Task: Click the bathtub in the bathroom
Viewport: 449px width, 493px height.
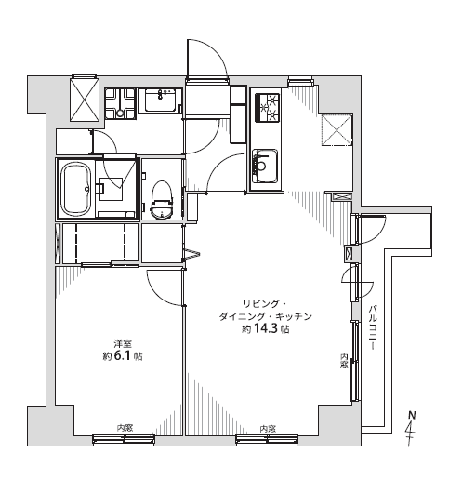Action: tap(77, 189)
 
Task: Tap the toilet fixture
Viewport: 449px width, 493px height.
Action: tap(162, 200)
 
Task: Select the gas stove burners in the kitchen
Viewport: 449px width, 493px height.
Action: tap(269, 108)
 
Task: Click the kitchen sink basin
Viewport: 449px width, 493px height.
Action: tap(265, 166)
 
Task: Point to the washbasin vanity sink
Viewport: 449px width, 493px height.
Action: tap(160, 100)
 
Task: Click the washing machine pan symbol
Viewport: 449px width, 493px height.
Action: tap(120, 103)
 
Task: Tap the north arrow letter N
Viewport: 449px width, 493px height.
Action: tap(412, 415)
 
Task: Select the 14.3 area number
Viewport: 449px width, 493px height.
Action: tap(266, 329)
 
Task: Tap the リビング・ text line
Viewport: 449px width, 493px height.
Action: tap(264, 304)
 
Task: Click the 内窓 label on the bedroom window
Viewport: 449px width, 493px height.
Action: tap(125, 428)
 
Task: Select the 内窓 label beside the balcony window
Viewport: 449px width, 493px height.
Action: tap(345, 361)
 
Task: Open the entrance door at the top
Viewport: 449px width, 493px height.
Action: tap(206, 59)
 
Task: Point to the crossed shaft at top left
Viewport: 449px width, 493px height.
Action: tap(85, 99)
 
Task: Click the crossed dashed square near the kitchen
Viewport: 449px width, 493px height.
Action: tap(337, 130)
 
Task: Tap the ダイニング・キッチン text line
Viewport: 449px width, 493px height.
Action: tap(265, 316)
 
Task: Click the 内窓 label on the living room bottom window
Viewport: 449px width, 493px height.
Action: tap(268, 429)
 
